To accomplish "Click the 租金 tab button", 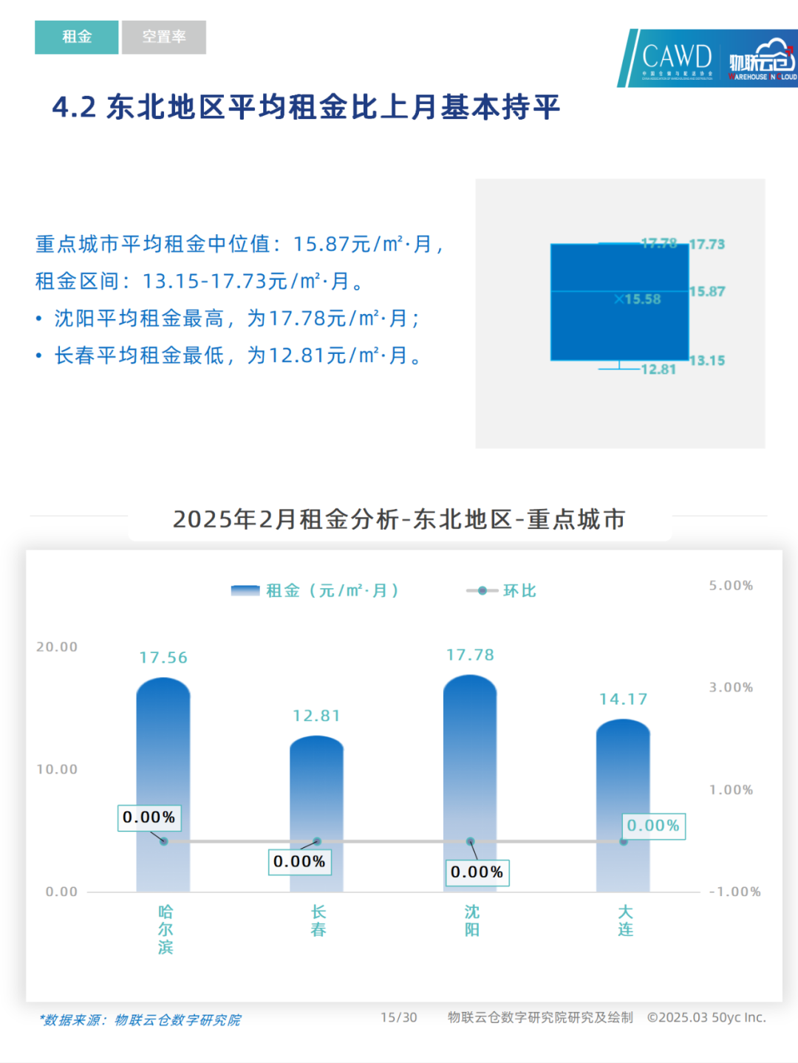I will click(x=76, y=37).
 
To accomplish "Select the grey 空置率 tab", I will click(x=164, y=37).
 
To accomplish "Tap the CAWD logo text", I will click(x=676, y=57).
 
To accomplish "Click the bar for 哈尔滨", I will click(x=163, y=783).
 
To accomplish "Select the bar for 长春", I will click(x=316, y=813).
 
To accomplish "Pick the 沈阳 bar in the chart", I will click(x=470, y=783).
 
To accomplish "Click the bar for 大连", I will click(x=623, y=805).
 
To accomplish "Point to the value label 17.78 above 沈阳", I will click(x=470, y=655).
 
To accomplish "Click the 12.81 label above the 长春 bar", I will click(x=316, y=716).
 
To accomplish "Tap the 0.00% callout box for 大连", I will click(x=653, y=825).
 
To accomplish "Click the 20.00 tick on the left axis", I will click(x=57, y=647).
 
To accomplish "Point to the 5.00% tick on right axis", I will click(x=731, y=586).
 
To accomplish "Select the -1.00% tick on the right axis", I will click(x=734, y=892).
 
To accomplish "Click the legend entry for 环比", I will click(x=502, y=590).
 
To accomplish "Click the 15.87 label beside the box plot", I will click(x=707, y=292).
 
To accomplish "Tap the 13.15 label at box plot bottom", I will click(x=707, y=360).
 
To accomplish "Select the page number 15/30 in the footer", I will click(x=398, y=1017).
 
